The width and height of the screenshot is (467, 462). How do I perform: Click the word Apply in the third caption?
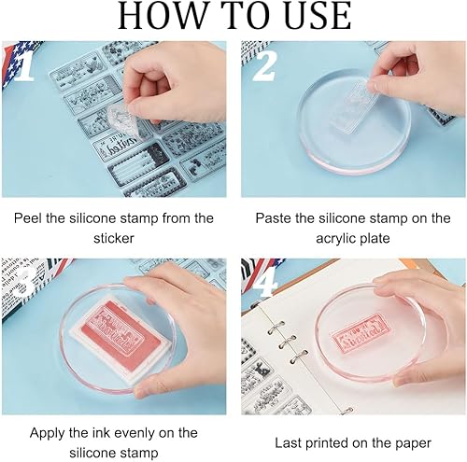click(x=48, y=433)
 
